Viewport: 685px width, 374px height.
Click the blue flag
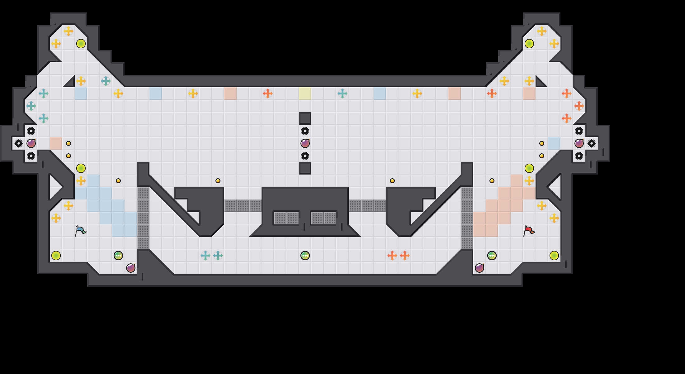pyautogui.click(x=80, y=231)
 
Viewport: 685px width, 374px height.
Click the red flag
pyautogui.click(x=529, y=231)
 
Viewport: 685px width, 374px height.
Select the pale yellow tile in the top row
pyautogui.click(x=305, y=93)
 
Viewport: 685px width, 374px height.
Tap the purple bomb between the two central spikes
pyautogui.click(x=305, y=143)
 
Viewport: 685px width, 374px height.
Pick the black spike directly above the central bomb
pyautogui.click(x=305, y=131)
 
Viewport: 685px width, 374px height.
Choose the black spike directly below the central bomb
pyautogui.click(x=305, y=156)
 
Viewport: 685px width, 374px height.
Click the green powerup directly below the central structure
pyautogui.click(x=305, y=256)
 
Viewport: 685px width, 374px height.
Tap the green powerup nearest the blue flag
pyautogui.click(x=118, y=256)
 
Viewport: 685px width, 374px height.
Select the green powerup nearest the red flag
pyautogui.click(x=492, y=256)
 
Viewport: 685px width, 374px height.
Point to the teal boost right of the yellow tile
pyautogui.click(x=342, y=93)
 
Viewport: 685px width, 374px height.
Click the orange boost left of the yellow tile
pyautogui.click(x=267, y=93)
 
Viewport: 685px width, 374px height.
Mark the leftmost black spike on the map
pyautogui.click(x=19, y=143)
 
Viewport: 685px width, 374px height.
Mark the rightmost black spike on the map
pyautogui.click(x=591, y=143)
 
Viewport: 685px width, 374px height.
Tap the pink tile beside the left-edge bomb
pyautogui.click(x=56, y=143)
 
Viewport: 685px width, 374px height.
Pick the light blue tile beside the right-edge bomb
pyautogui.click(x=554, y=143)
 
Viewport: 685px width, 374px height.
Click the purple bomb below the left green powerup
pyautogui.click(x=131, y=268)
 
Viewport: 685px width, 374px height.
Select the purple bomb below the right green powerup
pyautogui.click(x=479, y=268)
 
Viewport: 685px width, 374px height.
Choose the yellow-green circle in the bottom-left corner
pyautogui.click(x=56, y=256)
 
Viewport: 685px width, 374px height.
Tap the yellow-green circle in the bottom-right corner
pyautogui.click(x=554, y=256)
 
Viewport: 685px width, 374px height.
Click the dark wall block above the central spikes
pyautogui.click(x=305, y=118)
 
